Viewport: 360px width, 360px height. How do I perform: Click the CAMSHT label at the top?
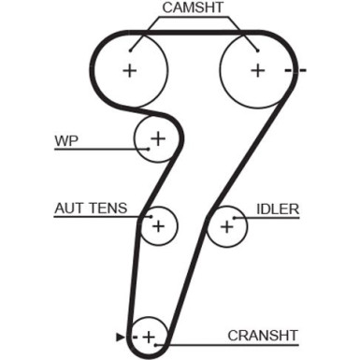pyautogui.click(x=193, y=8)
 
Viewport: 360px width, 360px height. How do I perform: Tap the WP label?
pyautogui.click(x=66, y=141)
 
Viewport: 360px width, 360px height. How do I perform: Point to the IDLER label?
pyautogui.click(x=279, y=209)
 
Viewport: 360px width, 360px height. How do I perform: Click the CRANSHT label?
pyautogui.click(x=262, y=335)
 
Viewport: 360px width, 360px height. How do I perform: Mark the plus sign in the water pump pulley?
pyautogui.click(x=157, y=139)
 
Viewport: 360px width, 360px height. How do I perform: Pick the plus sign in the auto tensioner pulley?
pyautogui.click(x=158, y=224)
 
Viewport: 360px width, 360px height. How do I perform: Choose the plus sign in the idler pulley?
pyautogui.click(x=227, y=225)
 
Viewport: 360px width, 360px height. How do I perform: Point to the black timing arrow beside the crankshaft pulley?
pyautogui.click(x=119, y=335)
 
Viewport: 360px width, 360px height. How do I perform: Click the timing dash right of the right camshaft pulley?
pyautogui.click(x=297, y=70)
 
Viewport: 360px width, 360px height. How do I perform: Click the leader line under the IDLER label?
pyautogui.click(x=271, y=218)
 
